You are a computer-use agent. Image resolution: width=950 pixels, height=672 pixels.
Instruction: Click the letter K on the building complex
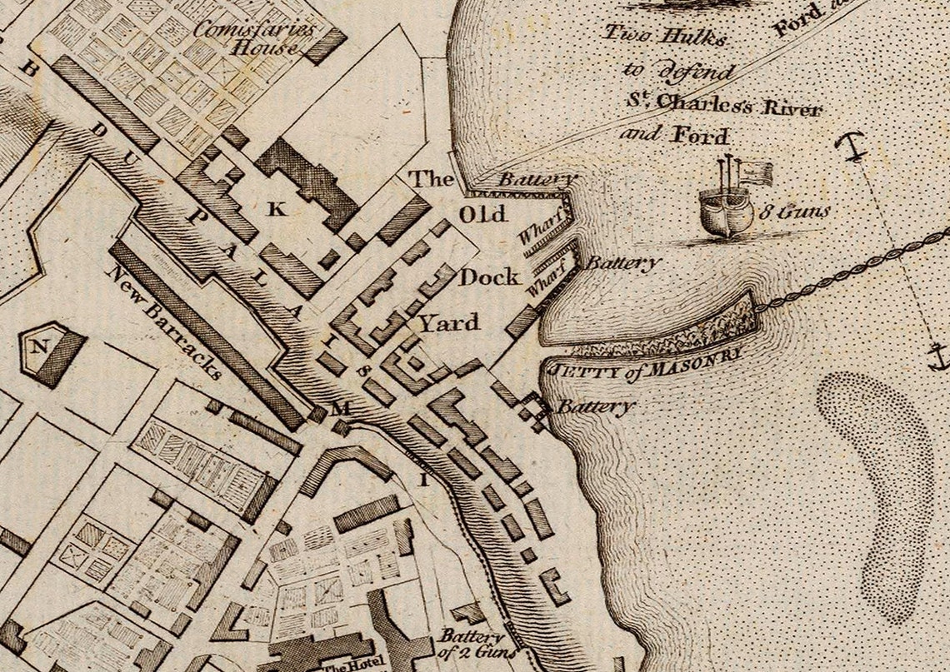pos(277,211)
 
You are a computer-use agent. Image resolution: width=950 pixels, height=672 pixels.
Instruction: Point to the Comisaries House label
pos(255,38)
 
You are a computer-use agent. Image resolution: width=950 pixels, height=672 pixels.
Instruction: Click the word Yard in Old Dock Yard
pos(448,322)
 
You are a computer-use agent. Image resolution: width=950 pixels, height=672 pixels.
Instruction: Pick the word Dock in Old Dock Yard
pos(489,276)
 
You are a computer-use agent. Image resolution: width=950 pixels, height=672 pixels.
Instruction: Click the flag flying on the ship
pos(756,172)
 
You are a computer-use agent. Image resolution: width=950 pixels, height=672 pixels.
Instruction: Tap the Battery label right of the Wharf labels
pos(623,263)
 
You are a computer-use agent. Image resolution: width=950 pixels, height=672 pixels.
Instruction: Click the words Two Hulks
pos(666,36)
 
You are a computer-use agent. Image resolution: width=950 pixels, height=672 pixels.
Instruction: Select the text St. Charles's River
pos(724,106)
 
